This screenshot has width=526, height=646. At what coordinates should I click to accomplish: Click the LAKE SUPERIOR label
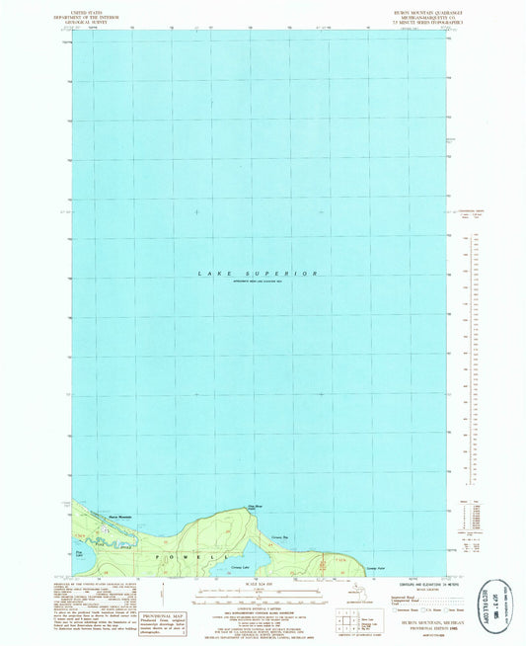point(259,273)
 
